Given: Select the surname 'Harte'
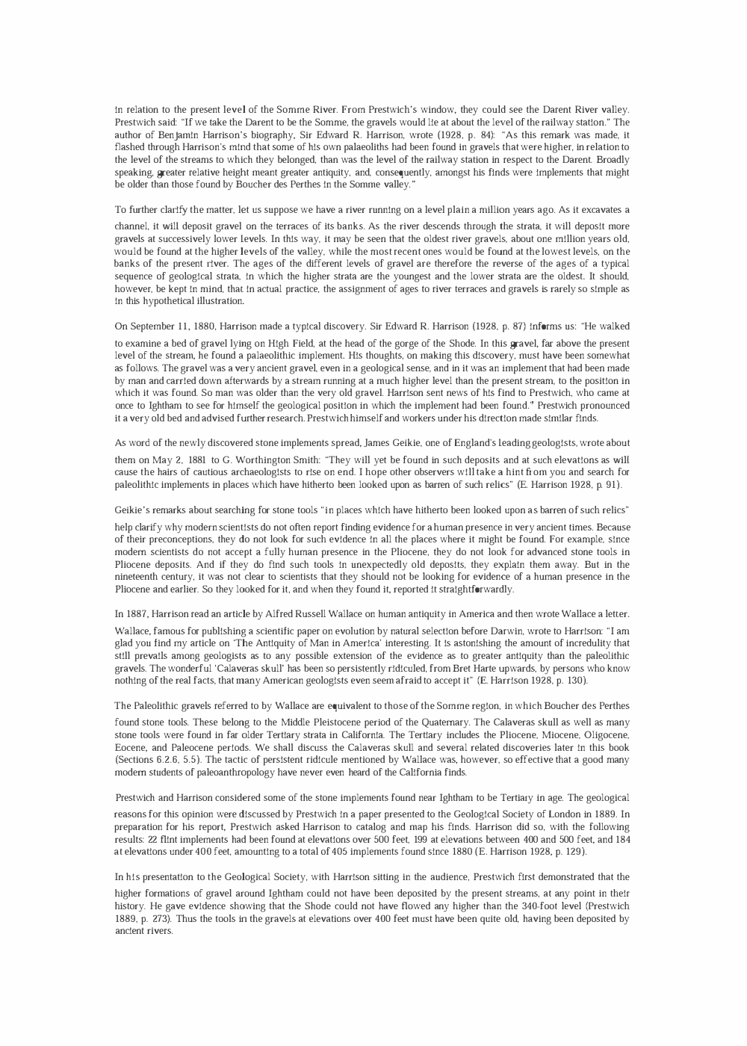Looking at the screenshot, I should coord(432,668).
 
